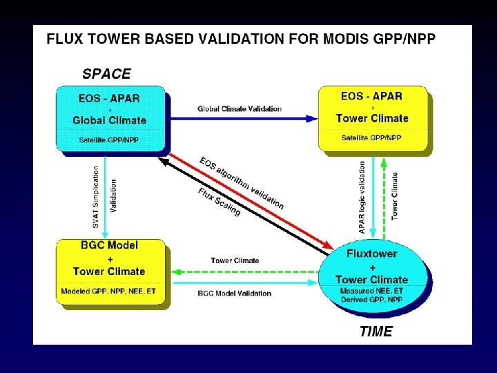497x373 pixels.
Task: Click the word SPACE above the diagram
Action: tap(106, 73)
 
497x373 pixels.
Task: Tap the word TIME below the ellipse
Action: tap(376, 332)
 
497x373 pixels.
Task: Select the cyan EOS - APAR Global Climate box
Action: tap(110, 117)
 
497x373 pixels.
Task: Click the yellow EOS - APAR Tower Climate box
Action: tap(372, 117)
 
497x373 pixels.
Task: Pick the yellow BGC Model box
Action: tap(110, 269)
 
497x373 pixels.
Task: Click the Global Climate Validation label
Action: tap(239, 108)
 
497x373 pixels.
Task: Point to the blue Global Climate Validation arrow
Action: tap(242, 118)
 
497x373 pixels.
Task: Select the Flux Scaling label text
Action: tap(220, 201)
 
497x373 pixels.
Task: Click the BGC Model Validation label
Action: tap(235, 294)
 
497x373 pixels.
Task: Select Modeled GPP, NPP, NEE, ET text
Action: tap(109, 291)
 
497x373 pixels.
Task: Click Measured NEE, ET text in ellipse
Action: tap(371, 291)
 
